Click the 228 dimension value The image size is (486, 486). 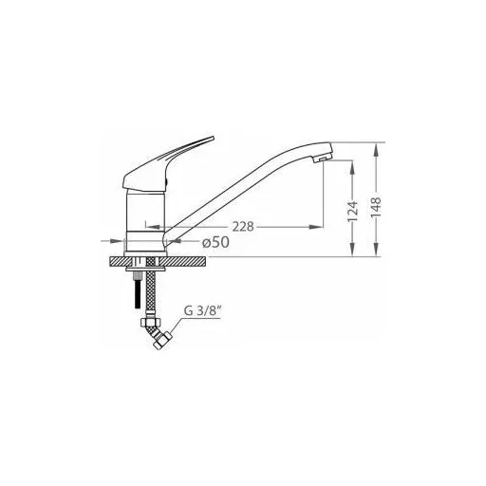[x=243, y=227]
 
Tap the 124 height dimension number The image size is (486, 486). [x=352, y=212]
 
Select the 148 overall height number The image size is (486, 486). [x=376, y=207]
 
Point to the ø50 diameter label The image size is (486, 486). [x=215, y=242]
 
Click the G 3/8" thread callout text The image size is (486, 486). [x=202, y=311]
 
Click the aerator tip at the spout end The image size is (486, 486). [x=322, y=159]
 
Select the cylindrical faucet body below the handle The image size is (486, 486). [x=145, y=220]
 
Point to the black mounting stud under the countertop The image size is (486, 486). [x=137, y=294]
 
